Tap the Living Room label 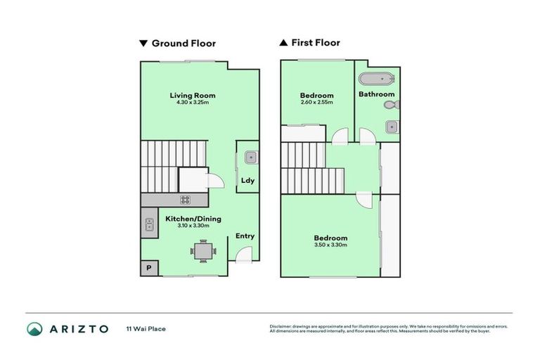coord(192,96)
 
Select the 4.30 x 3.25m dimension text coord(192,103)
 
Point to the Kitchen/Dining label coord(193,219)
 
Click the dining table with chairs coord(202,250)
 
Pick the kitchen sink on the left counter coord(150,225)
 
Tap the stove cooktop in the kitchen coord(186,200)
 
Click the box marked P coord(149,268)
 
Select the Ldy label coord(247,181)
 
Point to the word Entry coord(245,236)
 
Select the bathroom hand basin coord(391,127)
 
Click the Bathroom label coord(376,94)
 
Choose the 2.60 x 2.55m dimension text coord(316,103)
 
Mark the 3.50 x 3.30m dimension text coord(330,245)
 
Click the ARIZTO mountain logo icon coord(34,328)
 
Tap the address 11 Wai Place coord(146,328)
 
